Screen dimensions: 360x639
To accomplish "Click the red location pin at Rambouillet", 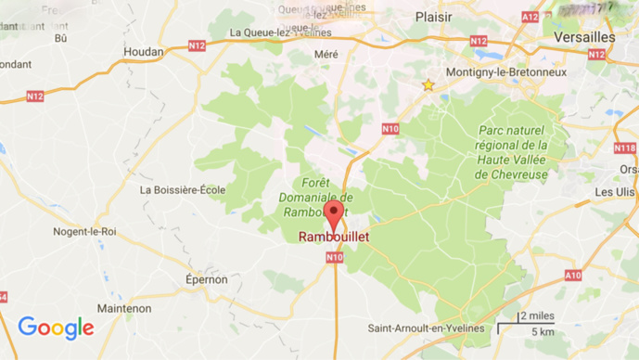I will pos(335,216).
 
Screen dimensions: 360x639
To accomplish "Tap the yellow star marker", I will pos(428,85).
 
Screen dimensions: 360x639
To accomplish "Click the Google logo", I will pos(56,328).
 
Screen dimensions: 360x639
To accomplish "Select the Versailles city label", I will pos(583,36).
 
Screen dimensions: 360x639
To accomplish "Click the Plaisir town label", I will pos(433,16).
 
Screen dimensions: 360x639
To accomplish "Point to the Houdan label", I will pos(144,52).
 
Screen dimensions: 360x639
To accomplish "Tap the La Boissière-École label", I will pos(183,189).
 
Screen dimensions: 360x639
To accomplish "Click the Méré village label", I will pos(326,54).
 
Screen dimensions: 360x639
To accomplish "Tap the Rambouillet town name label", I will pos(334,238).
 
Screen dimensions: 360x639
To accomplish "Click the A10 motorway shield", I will pos(573,276).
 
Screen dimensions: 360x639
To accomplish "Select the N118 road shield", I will pos(624,148).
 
